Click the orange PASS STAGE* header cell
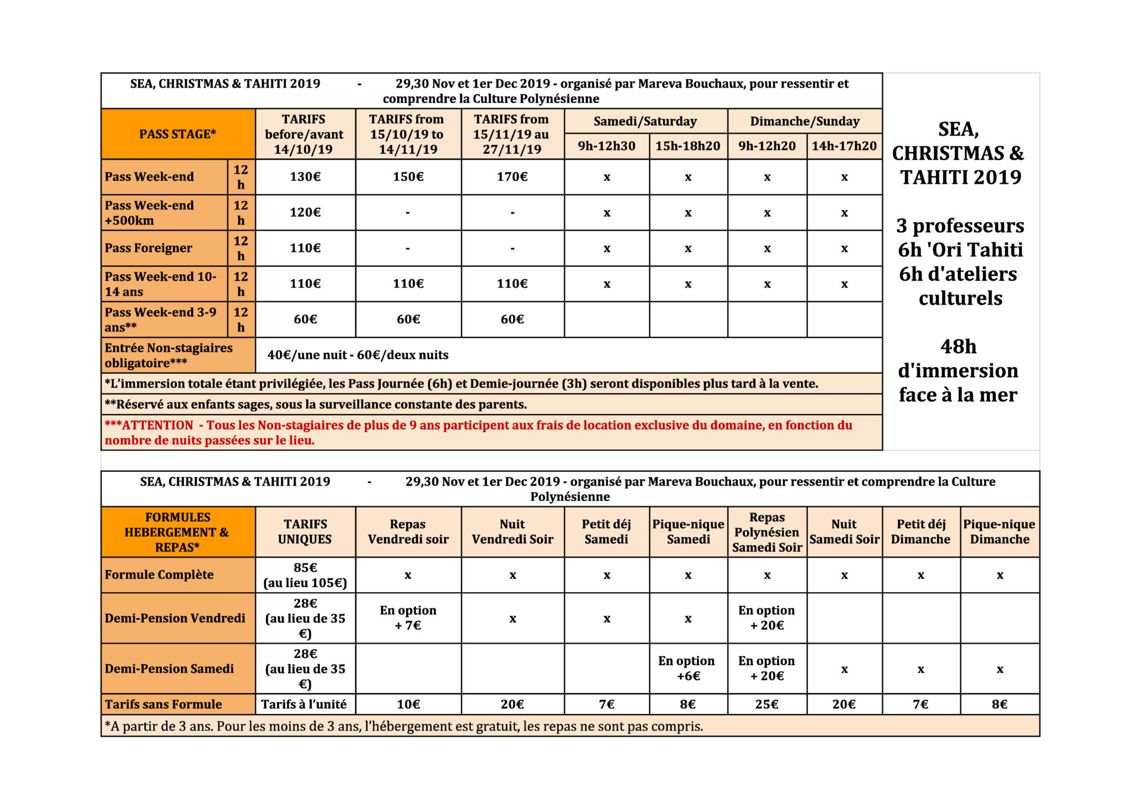(x=177, y=134)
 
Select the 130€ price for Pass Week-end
(x=305, y=177)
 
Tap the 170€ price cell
(x=512, y=177)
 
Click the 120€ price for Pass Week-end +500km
(x=305, y=212)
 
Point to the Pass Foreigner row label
(x=149, y=248)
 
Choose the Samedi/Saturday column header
(x=645, y=121)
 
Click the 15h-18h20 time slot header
(x=688, y=146)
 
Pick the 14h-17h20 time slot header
(x=844, y=146)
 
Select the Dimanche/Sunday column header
(x=804, y=121)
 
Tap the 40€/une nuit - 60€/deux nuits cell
(x=358, y=355)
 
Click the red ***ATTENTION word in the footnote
(x=149, y=425)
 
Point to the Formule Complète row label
(x=159, y=575)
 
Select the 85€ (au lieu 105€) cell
(x=305, y=575)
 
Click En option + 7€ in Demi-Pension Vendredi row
(x=408, y=618)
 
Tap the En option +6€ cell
(x=688, y=668)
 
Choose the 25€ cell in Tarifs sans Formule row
(x=766, y=704)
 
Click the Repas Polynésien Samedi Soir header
(x=767, y=532)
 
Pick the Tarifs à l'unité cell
(x=304, y=704)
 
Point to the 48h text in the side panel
(x=958, y=346)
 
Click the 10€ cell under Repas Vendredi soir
(x=408, y=704)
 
